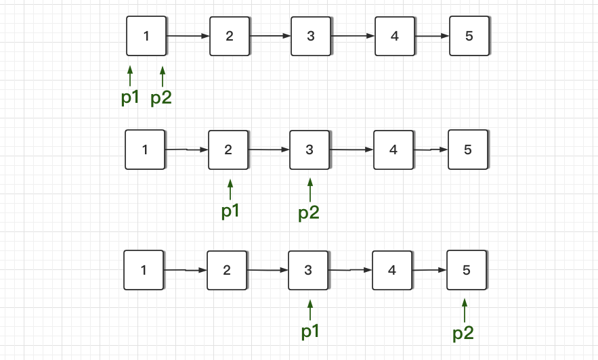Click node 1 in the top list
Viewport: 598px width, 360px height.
(146, 36)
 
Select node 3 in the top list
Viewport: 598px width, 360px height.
(311, 36)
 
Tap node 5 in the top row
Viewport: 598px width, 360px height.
(469, 36)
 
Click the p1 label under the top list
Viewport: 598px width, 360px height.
(130, 97)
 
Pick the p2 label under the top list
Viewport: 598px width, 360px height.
(161, 98)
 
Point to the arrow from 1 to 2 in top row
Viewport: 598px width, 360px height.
(188, 36)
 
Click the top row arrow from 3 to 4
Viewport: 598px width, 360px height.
(352, 36)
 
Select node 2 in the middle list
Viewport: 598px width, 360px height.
(228, 150)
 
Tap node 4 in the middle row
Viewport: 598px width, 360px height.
(393, 150)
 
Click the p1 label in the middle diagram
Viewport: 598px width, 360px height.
(231, 211)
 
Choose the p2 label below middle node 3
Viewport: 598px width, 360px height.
(309, 213)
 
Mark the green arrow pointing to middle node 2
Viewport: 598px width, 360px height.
(230, 189)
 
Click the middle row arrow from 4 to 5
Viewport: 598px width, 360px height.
(431, 150)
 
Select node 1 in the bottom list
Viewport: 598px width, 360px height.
(144, 270)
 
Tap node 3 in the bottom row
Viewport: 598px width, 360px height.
(308, 270)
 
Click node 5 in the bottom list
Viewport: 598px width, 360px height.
(466, 270)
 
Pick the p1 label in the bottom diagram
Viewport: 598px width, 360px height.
(310, 331)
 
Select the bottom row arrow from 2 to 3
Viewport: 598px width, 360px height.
(268, 271)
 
